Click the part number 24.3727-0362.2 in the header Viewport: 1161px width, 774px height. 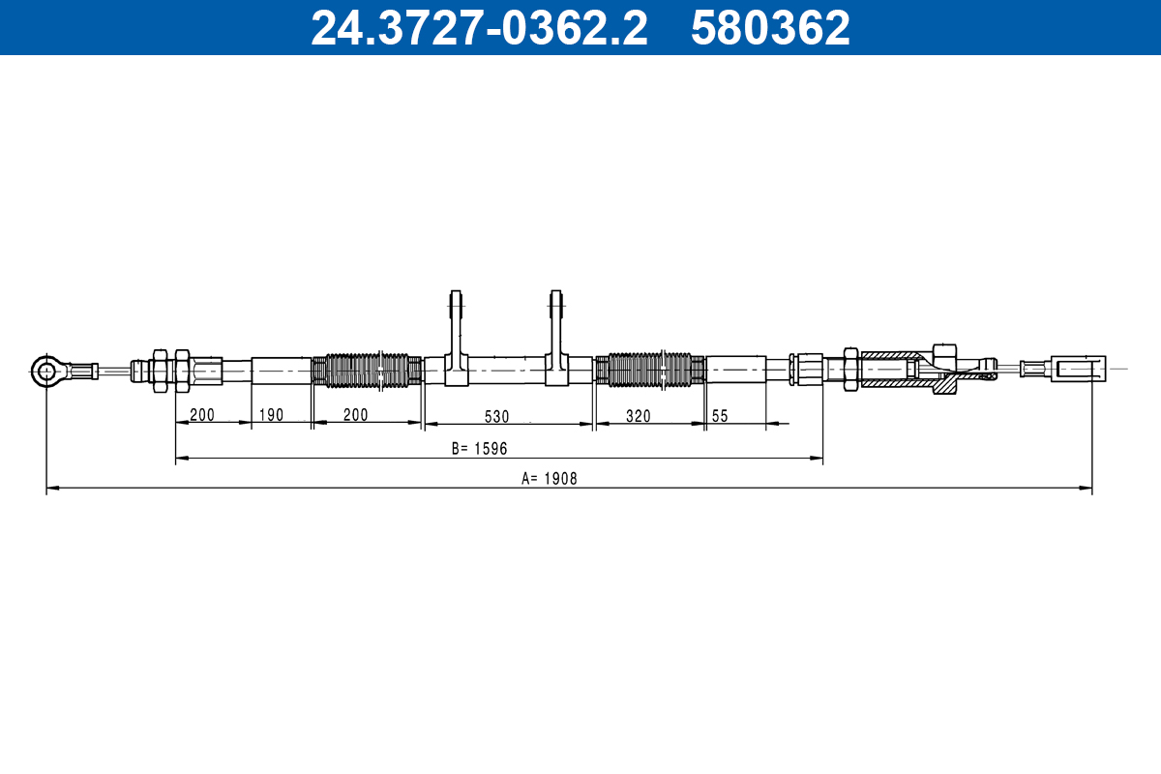479,27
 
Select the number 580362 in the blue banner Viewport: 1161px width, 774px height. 770,27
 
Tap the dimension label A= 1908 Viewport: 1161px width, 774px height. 549,479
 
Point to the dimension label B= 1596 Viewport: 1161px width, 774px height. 479,448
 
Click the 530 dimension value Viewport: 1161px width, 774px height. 496,417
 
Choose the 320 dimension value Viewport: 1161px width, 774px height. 638,416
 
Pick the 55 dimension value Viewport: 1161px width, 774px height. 720,416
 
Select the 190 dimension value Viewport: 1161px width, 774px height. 271,415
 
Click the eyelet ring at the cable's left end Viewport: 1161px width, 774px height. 46,372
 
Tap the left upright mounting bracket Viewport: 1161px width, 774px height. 456,338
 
